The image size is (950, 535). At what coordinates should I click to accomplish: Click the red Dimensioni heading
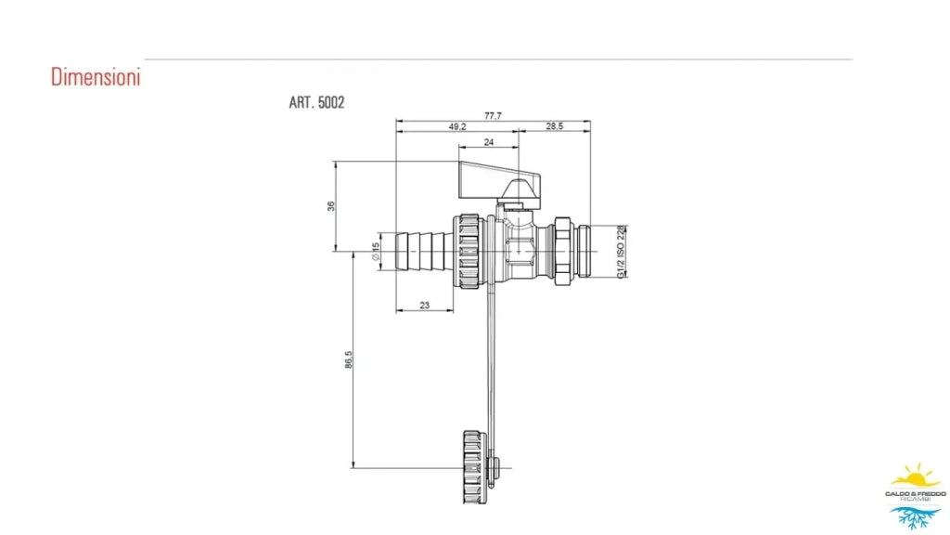(x=96, y=77)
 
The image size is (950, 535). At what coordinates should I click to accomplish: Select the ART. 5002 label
(x=316, y=102)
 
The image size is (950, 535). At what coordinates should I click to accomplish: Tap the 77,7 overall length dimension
(x=493, y=115)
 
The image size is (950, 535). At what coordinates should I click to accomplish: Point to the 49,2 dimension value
(x=457, y=126)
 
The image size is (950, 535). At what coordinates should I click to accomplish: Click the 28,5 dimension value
(x=555, y=126)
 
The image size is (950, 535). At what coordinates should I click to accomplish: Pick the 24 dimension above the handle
(x=488, y=142)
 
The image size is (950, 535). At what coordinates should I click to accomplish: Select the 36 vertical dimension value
(x=331, y=206)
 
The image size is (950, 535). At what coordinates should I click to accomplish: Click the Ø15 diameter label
(x=376, y=252)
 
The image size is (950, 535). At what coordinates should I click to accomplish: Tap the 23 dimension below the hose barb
(x=424, y=305)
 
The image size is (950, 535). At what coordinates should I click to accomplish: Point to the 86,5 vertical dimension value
(x=349, y=359)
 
